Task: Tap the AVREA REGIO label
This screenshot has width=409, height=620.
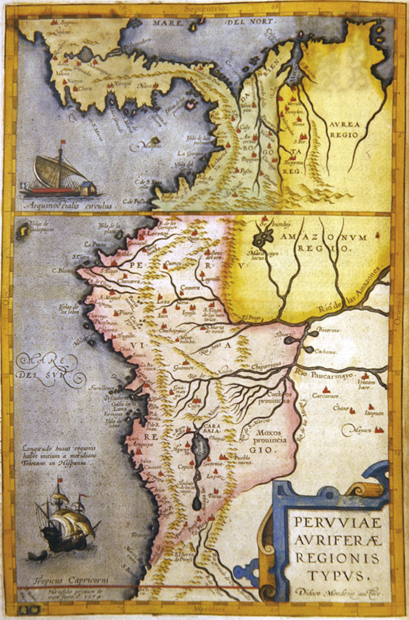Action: click(345, 130)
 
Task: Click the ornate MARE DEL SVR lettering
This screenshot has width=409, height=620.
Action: click(52, 369)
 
